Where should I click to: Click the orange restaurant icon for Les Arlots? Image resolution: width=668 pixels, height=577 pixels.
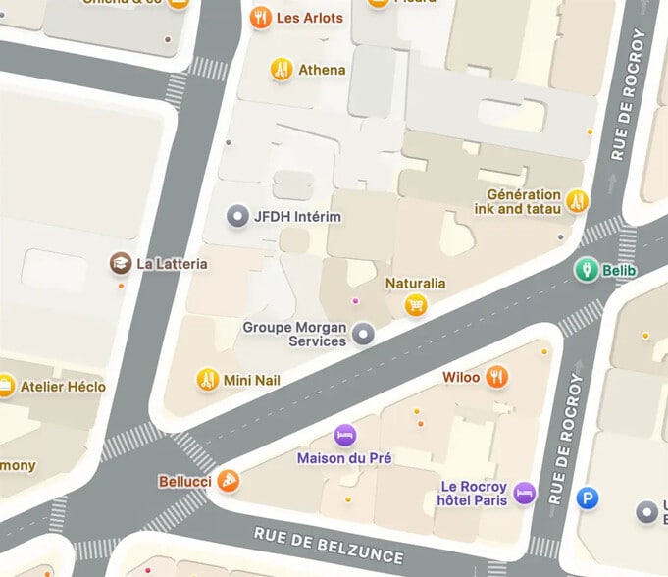tap(260, 18)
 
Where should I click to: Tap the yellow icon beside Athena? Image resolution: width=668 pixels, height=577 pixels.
tap(282, 70)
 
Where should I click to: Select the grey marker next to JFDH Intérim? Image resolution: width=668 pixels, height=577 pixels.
tap(236, 216)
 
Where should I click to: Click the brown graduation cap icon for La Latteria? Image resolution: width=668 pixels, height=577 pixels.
tap(120, 263)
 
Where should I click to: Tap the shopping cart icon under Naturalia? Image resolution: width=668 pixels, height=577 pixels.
tap(416, 305)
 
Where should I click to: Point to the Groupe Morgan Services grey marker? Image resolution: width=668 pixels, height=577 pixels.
tap(364, 334)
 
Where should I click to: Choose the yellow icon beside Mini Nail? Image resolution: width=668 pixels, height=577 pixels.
tap(207, 380)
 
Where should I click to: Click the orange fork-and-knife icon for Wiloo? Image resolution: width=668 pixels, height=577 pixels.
tap(498, 377)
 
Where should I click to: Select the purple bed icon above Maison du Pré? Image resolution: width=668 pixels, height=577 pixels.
tap(344, 435)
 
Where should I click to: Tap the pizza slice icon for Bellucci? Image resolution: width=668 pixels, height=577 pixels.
tap(229, 482)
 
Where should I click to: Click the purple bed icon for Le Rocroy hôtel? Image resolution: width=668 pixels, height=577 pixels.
tap(525, 493)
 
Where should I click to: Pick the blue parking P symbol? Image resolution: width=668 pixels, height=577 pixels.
tap(588, 498)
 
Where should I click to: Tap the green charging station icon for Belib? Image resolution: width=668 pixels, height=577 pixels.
tap(586, 269)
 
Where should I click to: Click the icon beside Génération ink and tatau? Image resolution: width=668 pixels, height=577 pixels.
tap(577, 201)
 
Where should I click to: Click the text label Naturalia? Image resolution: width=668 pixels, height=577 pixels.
tap(415, 283)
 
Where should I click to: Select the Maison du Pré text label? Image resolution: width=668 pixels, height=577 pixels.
tap(344, 458)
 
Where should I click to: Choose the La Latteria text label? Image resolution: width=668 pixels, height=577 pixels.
tap(172, 263)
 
